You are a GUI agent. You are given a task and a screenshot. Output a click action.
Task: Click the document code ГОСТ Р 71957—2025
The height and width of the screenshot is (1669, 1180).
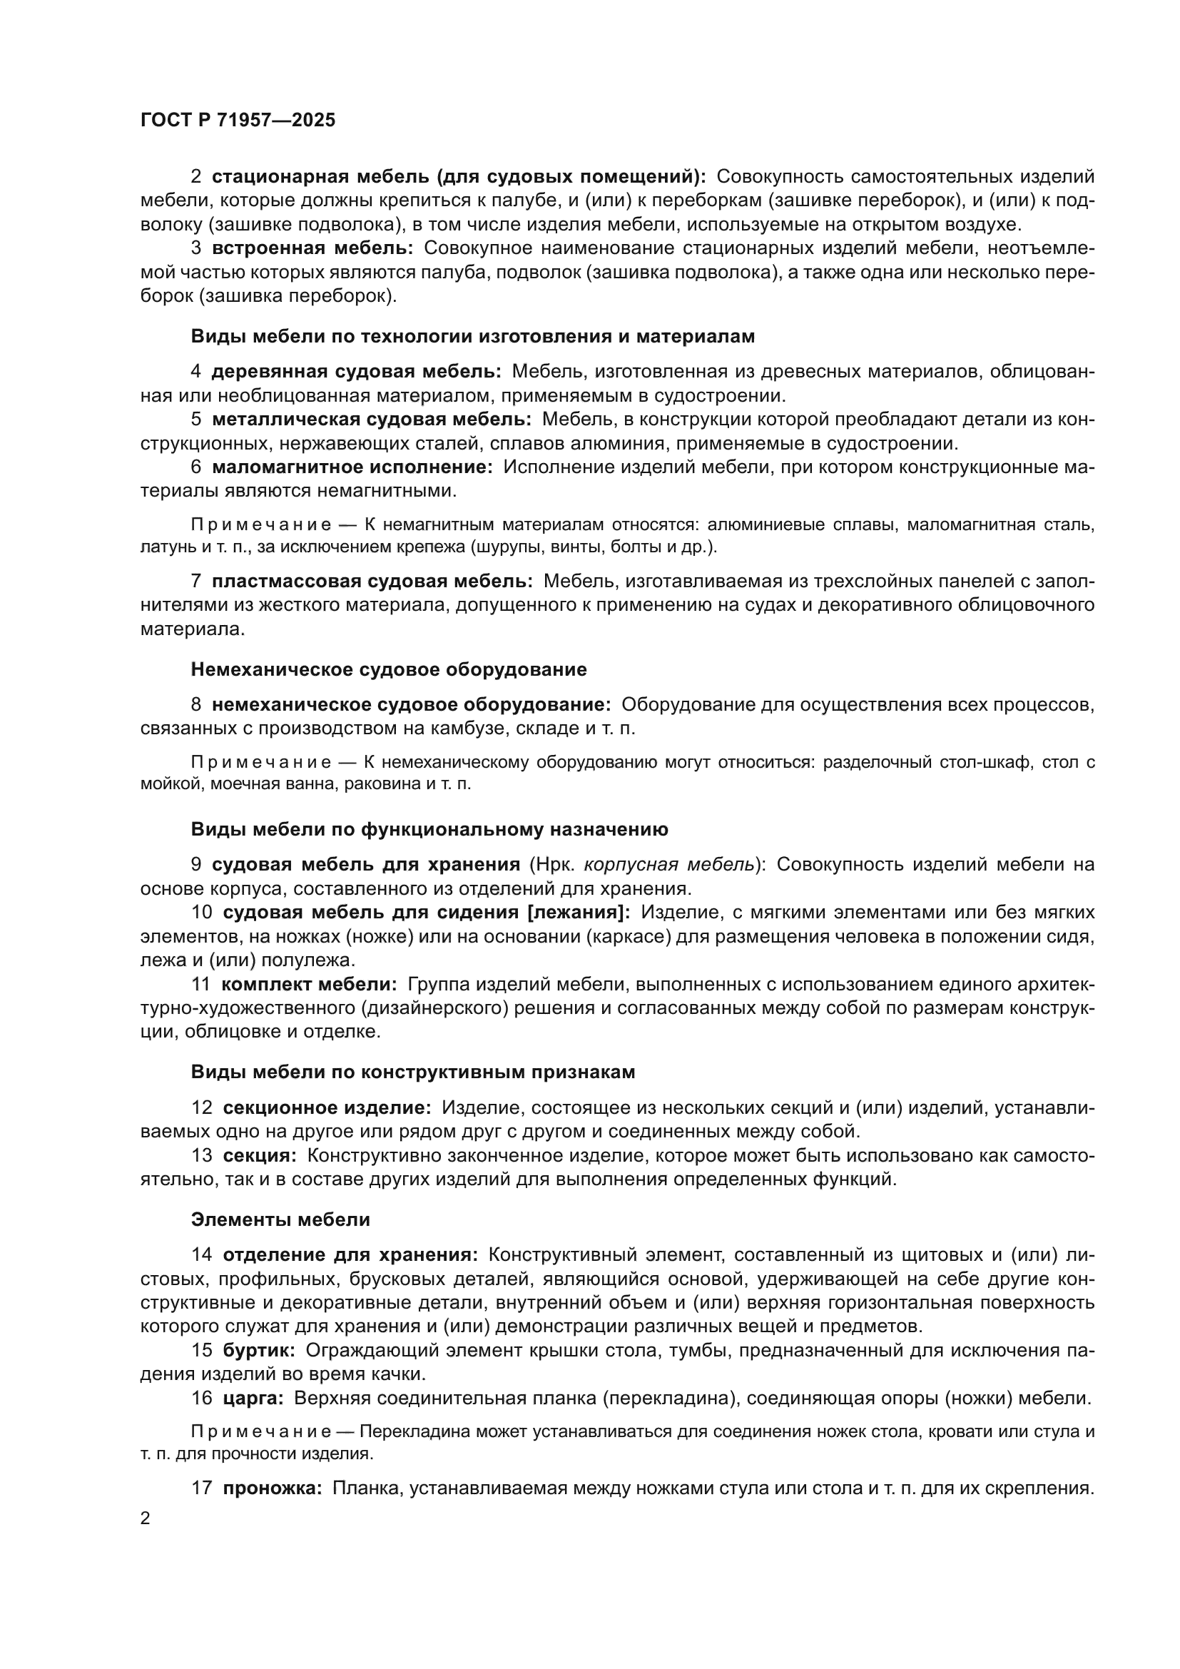point(238,121)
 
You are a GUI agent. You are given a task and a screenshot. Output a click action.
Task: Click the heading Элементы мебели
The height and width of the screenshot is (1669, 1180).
point(280,1219)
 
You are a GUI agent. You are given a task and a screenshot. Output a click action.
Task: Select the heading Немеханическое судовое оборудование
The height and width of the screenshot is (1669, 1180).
point(389,669)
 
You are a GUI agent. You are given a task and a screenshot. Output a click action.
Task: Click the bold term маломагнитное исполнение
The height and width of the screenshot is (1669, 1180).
point(352,467)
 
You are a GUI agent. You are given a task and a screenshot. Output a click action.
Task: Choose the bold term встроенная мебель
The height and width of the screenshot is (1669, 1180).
point(312,248)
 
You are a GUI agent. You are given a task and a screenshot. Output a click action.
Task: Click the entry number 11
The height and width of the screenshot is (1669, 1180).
point(200,984)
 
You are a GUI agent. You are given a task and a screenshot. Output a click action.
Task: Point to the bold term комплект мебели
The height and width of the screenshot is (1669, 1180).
point(309,984)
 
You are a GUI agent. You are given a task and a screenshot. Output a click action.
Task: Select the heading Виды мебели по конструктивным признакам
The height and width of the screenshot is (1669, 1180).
point(412,1072)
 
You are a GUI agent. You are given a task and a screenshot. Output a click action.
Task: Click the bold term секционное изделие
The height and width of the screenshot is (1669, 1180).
point(326,1108)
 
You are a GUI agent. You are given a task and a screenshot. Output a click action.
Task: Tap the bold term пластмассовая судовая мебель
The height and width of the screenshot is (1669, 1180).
point(372,581)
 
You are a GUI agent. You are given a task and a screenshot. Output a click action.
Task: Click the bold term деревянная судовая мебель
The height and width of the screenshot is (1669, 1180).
point(356,372)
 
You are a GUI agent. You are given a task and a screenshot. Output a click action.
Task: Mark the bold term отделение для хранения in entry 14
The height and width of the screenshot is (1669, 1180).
point(350,1254)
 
